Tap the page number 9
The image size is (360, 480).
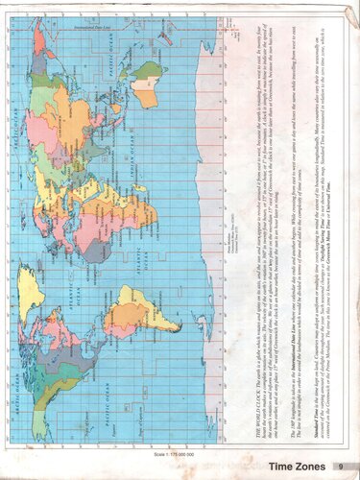tap(339, 468)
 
